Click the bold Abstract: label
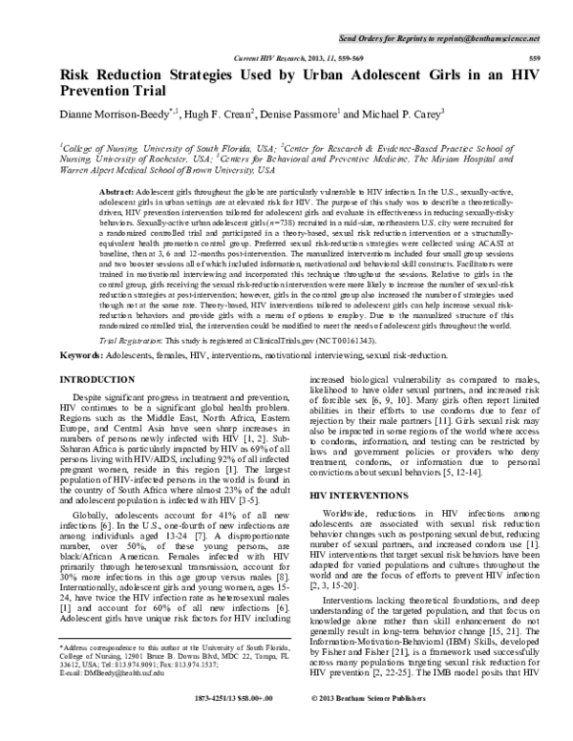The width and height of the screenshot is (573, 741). pyautogui.click(x=117, y=192)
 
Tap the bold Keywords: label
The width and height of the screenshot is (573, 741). pyautogui.click(x=84, y=354)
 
